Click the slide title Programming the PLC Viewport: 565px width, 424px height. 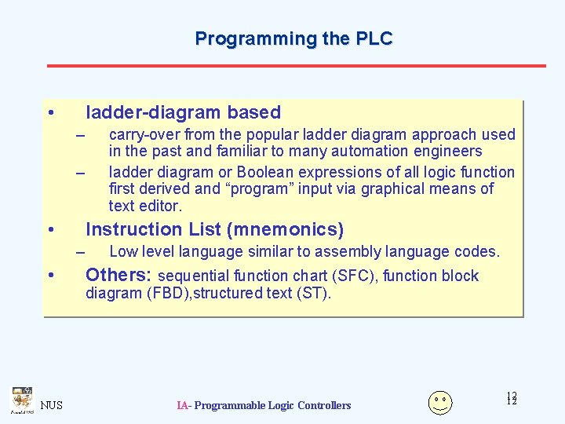coord(293,38)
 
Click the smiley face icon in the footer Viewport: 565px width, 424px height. coord(440,402)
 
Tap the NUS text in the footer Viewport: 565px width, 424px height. coord(52,405)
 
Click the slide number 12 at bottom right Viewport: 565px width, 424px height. coord(512,399)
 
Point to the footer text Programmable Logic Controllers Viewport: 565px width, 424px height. coord(272,405)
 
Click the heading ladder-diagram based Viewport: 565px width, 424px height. coord(183,112)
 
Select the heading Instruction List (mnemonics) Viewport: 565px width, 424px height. coord(214,229)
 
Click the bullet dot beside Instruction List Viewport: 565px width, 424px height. coord(50,230)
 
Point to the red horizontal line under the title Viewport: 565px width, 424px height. coord(296,65)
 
